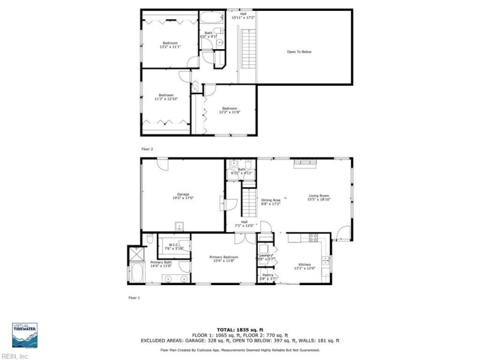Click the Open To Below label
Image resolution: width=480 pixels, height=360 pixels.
pos(299,52)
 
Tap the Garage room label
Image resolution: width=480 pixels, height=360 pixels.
pos(183,196)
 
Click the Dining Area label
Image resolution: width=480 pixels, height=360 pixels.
pos(271,202)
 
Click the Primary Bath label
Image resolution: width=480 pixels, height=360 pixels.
pos(161,264)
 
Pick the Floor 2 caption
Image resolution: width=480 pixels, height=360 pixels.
pos(147,148)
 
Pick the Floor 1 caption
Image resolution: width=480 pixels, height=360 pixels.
pos(134,298)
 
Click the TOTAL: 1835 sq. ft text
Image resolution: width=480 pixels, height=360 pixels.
pos(240,330)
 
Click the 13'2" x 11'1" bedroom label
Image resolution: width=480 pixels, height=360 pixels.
pos(170,45)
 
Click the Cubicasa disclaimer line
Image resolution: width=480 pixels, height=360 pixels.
pos(240,350)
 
